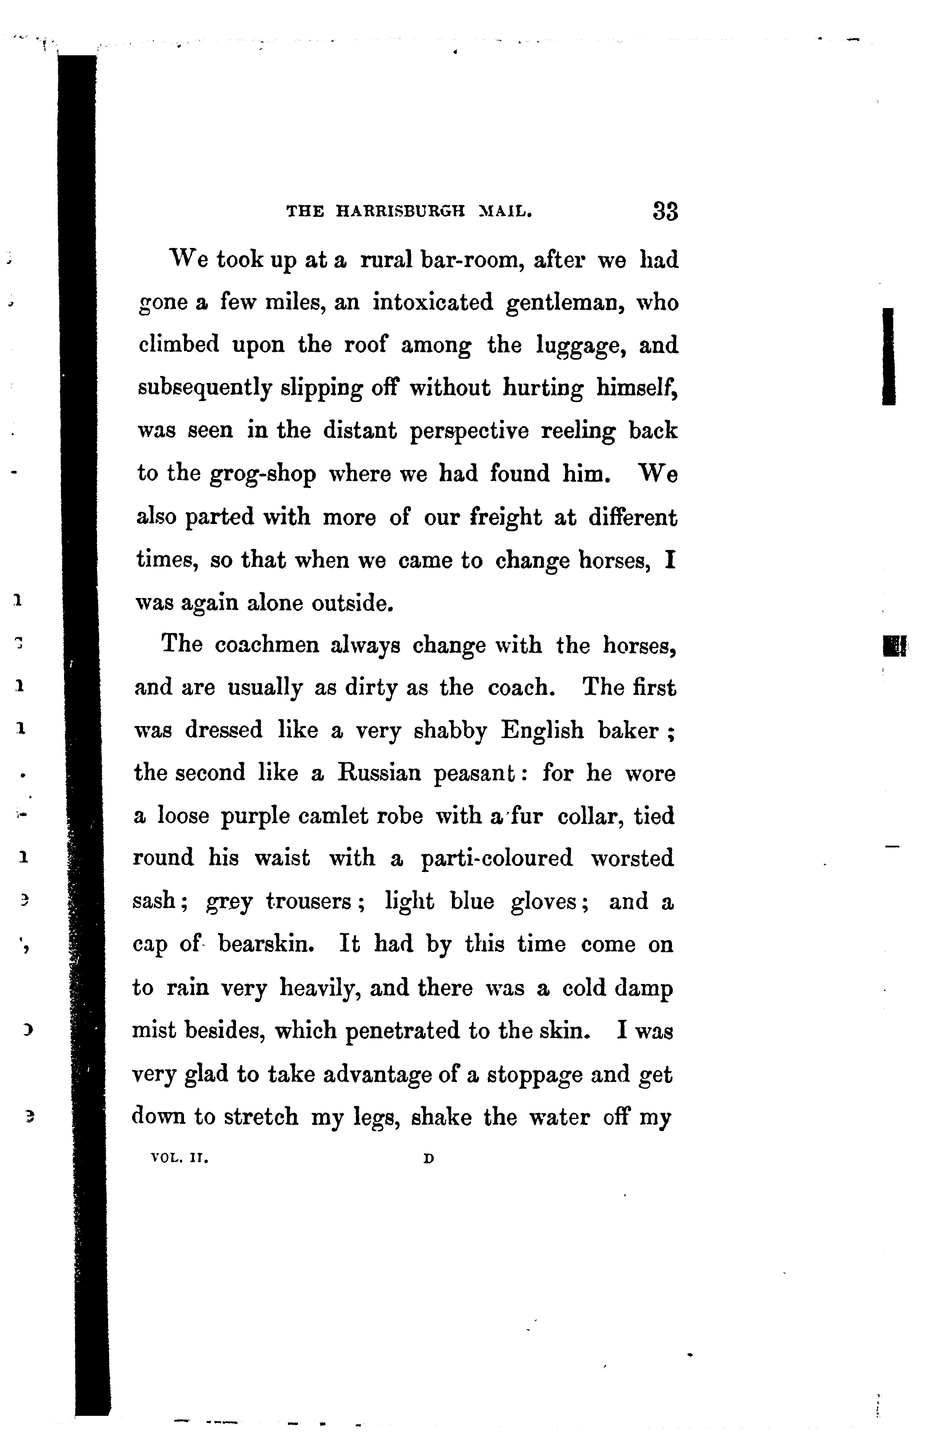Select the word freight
[506, 518]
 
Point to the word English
[543, 731]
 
